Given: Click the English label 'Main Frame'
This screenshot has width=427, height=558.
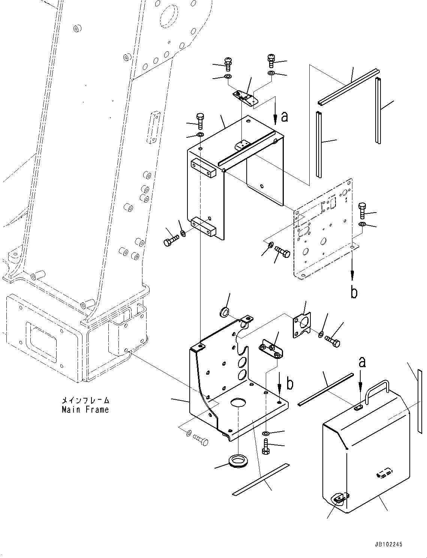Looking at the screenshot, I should (85, 410).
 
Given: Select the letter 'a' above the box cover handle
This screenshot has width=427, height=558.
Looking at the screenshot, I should (362, 362).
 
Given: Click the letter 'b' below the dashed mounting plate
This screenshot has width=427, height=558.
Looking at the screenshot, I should (354, 292).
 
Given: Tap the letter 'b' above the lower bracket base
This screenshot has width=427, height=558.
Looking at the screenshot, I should (290, 384).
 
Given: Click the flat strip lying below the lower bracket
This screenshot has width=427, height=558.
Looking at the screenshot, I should (259, 480).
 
